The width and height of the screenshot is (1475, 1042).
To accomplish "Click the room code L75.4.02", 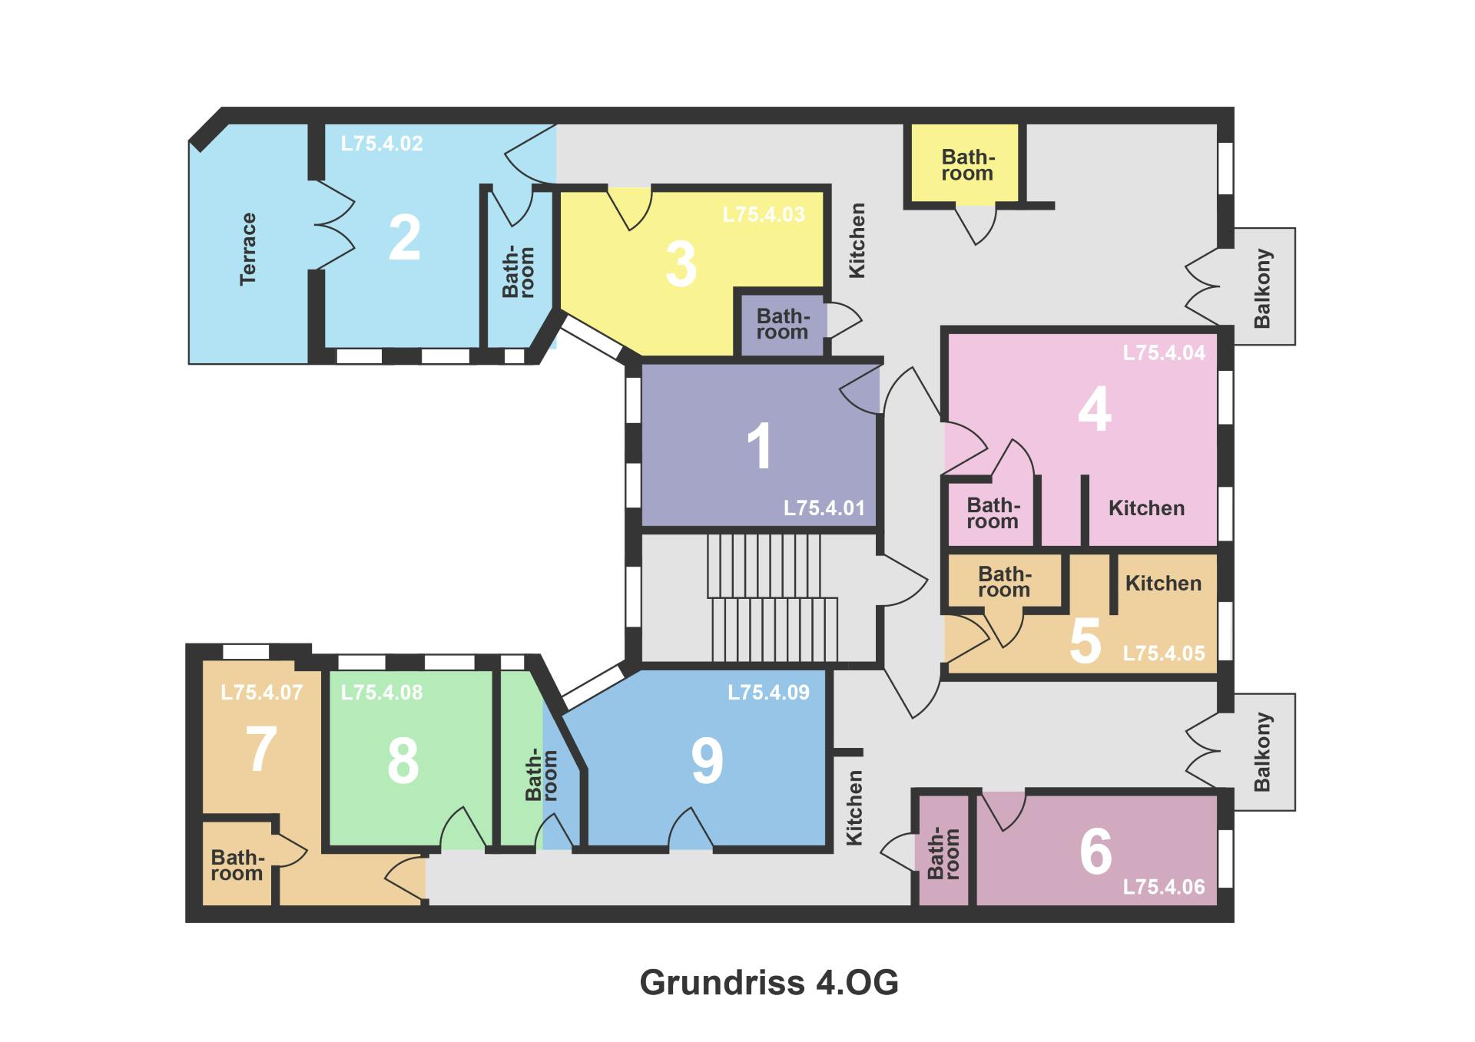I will click(x=382, y=144).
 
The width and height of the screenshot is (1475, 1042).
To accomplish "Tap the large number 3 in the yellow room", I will click(x=681, y=264).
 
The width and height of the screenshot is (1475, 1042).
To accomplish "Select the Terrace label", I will click(x=247, y=250).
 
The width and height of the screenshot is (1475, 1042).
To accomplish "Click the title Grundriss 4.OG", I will click(x=769, y=982).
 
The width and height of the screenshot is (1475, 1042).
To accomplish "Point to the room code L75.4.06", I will click(x=1164, y=887).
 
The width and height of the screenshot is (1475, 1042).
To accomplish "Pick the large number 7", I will click(x=261, y=749).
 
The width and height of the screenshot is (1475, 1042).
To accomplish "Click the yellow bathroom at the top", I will click(x=967, y=164).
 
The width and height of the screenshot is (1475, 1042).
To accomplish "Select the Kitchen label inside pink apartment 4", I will click(x=1146, y=508).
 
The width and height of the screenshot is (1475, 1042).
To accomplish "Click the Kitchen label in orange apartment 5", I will click(x=1163, y=583).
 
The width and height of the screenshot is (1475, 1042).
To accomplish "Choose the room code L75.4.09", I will click(x=768, y=692).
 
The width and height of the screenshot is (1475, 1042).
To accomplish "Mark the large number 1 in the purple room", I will click(x=759, y=446).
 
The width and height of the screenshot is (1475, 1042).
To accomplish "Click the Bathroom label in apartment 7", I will click(x=237, y=865).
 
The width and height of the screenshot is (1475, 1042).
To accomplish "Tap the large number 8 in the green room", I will click(x=403, y=762).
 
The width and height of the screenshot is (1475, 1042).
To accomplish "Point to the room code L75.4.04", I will click(x=1164, y=352).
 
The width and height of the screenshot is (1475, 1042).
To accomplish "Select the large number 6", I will click(x=1095, y=851).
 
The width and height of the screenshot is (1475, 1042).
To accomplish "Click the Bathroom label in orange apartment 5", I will click(x=1004, y=581).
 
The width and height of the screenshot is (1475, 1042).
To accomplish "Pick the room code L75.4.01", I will click(x=824, y=508).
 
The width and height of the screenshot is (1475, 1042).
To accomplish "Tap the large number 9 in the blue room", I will click(x=707, y=761).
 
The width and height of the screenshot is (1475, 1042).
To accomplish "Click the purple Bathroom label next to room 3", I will click(x=782, y=323).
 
